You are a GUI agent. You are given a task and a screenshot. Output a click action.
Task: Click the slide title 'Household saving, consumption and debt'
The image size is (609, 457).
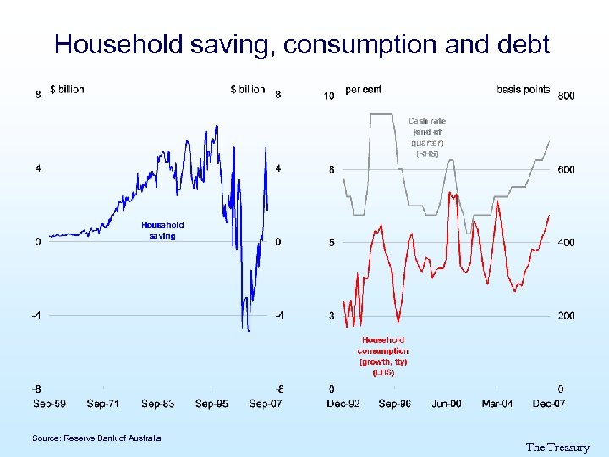click(302, 44)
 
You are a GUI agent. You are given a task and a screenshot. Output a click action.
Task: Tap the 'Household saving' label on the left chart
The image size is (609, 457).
click(162, 230)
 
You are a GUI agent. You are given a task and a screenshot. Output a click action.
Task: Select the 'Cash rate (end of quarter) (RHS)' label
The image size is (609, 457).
click(427, 137)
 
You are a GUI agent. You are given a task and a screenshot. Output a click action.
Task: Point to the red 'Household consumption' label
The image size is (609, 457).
click(383, 355)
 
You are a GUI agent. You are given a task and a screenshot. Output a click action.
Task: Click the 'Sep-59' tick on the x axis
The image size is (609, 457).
click(50, 404)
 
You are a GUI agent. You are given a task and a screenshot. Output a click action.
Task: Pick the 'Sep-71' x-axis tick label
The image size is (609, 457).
click(104, 404)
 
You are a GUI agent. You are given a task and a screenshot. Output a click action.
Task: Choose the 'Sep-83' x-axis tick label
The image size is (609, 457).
click(158, 404)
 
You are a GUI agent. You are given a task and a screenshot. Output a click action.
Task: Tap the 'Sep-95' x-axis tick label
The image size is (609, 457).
click(211, 404)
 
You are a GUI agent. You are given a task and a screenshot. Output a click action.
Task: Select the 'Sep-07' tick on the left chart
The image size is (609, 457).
click(266, 404)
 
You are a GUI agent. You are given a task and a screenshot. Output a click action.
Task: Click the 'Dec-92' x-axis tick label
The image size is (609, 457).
click(343, 404)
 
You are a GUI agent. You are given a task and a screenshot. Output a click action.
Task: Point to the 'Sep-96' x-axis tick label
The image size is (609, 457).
click(395, 404)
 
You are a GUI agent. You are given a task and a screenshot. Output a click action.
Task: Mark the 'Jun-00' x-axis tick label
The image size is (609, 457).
click(447, 404)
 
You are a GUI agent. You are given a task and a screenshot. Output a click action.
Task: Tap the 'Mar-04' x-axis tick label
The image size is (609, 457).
click(497, 404)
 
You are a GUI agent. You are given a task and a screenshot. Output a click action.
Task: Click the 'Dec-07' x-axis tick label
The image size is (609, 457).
click(549, 404)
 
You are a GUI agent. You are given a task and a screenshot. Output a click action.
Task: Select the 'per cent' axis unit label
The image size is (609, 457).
click(364, 90)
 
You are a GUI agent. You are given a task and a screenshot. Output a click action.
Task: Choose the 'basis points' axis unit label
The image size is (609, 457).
click(523, 90)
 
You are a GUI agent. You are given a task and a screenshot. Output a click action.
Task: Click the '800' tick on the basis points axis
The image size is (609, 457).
click(567, 96)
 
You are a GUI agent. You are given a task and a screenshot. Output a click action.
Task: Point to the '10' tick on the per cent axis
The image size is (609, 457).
click(330, 96)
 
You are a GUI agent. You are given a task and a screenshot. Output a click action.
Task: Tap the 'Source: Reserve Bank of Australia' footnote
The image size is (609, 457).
click(96, 438)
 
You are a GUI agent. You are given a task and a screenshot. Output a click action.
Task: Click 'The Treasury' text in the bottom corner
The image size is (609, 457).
click(557, 448)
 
